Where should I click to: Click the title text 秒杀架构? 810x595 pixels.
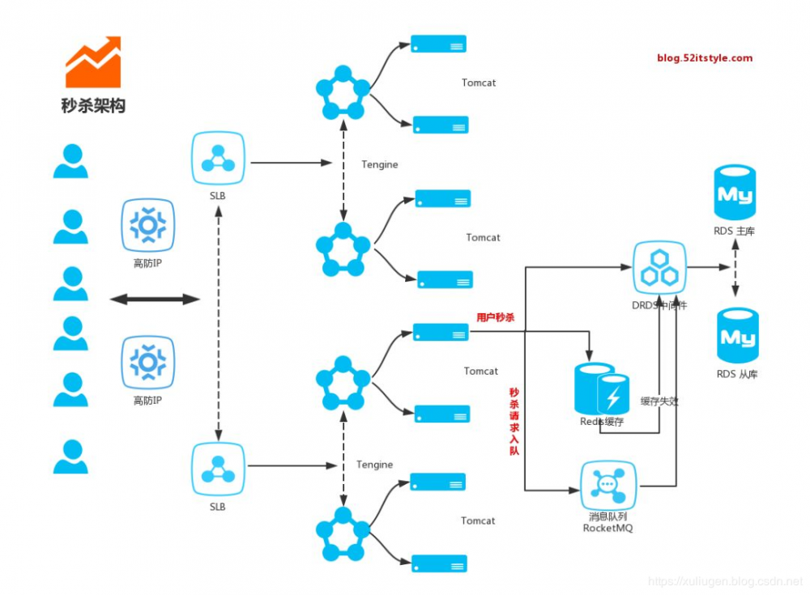93,105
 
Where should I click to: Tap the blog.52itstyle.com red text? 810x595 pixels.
705,57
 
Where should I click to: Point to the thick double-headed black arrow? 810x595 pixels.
155,300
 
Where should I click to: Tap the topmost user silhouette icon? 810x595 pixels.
70,161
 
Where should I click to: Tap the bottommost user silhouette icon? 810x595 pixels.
70,457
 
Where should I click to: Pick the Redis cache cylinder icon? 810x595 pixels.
600,389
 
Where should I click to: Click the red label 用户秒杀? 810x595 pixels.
496,318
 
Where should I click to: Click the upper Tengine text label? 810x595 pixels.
380,164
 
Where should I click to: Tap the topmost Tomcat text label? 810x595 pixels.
479,83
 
